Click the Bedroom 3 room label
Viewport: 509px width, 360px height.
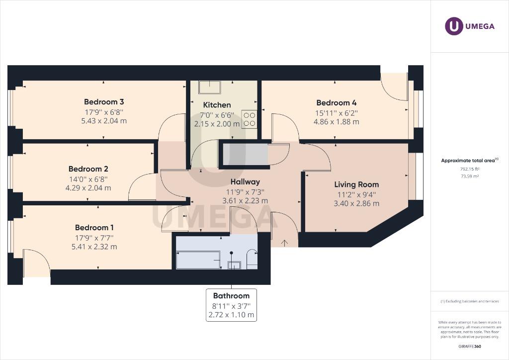tap(103, 102)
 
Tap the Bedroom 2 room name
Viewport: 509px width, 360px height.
tap(88, 169)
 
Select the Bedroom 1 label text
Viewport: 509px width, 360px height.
tap(95, 227)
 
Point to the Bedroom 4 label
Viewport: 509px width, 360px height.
tap(337, 102)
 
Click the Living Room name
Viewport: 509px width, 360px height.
tap(356, 184)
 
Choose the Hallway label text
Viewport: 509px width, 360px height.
tap(245, 182)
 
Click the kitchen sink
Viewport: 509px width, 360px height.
tap(210, 87)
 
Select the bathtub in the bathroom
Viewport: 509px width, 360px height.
tap(198, 260)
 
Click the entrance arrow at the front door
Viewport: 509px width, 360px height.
tap(284, 243)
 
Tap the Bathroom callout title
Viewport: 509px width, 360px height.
tap(231, 296)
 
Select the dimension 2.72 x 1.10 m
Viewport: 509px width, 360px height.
tap(231, 315)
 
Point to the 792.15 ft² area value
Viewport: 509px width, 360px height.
tap(470, 169)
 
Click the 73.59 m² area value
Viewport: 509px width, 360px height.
tap(470, 176)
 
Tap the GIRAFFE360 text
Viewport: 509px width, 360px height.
tap(470, 347)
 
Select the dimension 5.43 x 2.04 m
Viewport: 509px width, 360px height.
tap(103, 121)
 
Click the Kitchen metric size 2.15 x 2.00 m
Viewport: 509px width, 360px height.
tap(217, 124)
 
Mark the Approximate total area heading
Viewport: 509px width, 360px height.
tap(469, 160)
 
